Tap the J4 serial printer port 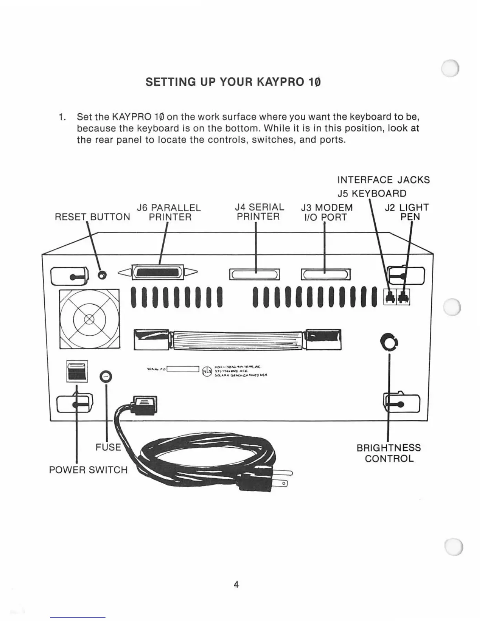pos(255,274)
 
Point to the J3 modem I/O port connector pos(325,274)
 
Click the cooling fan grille pos(89,319)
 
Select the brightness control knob pos(389,342)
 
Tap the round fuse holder pos(105,377)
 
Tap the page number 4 pos(236,585)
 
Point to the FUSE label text pos(108,447)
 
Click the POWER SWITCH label pos(88,470)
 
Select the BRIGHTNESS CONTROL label pos(389,453)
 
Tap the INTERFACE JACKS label pos(383,180)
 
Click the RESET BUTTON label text pos(93,217)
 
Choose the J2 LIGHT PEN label pos(407,212)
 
